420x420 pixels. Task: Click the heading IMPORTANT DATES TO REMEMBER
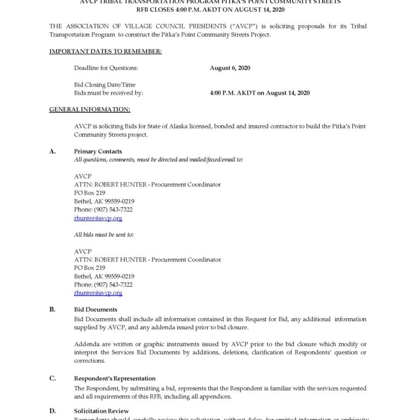click(106, 51)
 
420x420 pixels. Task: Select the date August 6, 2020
click(230, 68)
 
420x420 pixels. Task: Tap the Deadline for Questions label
click(106, 68)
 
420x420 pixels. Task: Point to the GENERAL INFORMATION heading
click(90, 109)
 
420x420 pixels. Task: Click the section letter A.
click(52, 151)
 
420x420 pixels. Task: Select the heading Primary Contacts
click(98, 151)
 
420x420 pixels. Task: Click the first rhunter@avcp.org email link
click(98, 218)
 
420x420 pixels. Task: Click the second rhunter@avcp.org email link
click(98, 293)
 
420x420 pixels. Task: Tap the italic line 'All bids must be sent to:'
click(104, 235)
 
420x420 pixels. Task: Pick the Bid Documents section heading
click(96, 310)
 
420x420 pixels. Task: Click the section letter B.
click(52, 310)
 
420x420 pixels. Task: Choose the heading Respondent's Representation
click(115, 378)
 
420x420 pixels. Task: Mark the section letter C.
click(52, 378)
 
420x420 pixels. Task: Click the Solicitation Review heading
click(101, 411)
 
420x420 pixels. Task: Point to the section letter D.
click(52, 411)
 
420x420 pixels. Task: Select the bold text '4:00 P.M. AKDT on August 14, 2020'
click(260, 93)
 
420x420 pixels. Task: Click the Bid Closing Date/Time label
click(104, 85)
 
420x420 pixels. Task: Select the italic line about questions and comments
click(159, 160)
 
